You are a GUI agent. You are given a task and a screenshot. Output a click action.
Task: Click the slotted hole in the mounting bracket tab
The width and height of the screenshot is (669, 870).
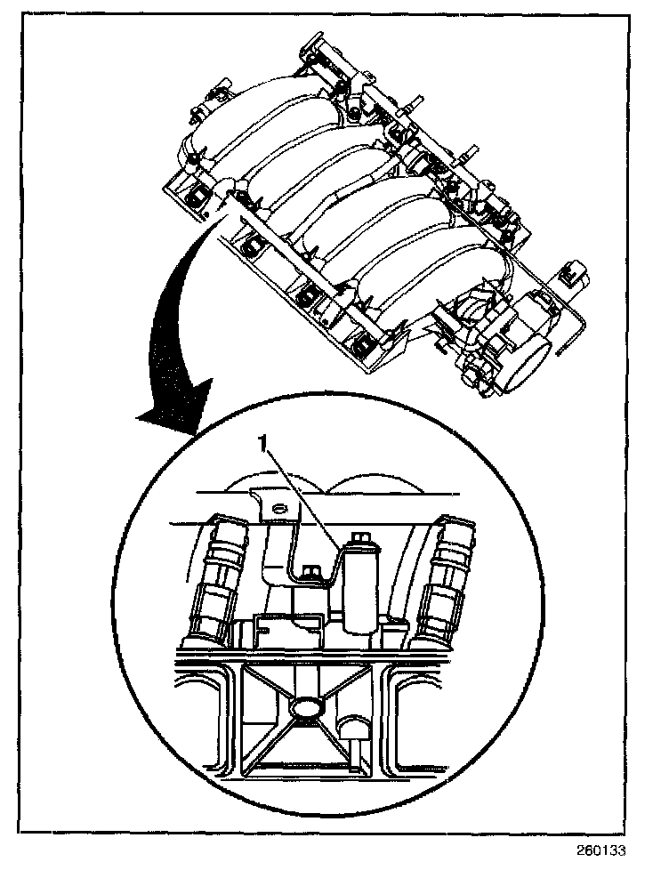281,508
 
